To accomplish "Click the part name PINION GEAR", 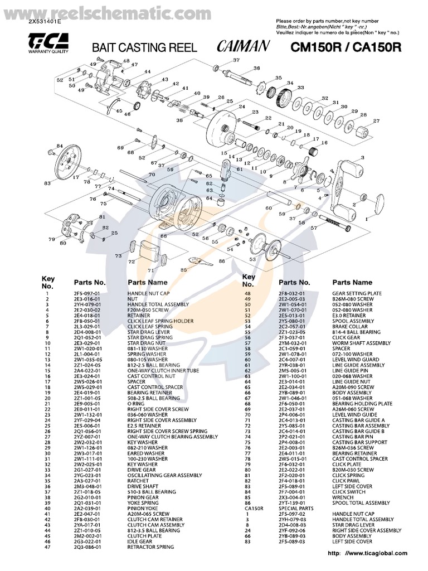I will [143, 497].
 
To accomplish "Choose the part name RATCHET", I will [138, 481].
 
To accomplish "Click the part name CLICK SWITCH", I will [349, 491].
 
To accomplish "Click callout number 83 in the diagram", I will [48, 183].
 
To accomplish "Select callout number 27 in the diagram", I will [376, 121].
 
